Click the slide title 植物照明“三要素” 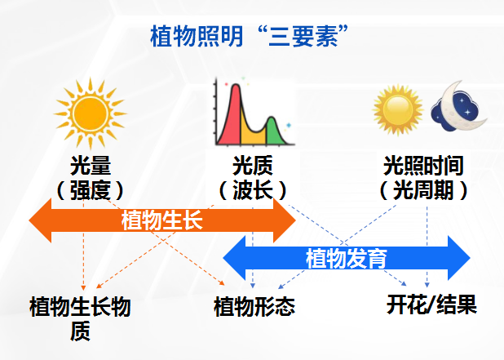(249, 36)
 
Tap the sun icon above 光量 (91, 113)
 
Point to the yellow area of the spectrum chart (252, 135)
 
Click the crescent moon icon (459, 107)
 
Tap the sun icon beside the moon (398, 109)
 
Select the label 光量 (91, 166)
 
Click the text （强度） (91, 190)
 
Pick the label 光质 (252, 166)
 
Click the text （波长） (253, 190)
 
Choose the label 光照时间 (423, 166)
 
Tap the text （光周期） (423, 190)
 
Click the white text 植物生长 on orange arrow (162, 220)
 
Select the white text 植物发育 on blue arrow (346, 258)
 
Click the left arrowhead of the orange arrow (41, 220)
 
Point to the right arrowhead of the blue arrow (458, 258)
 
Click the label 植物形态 (254, 306)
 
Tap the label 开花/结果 (431, 304)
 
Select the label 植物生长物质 (80, 318)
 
